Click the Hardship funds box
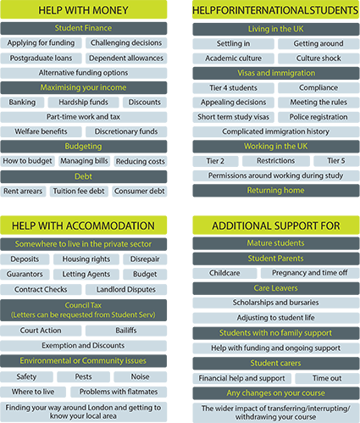(x=83, y=103)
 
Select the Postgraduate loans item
(x=41, y=58)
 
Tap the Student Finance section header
(x=84, y=28)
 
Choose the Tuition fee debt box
(x=79, y=192)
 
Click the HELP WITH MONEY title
(x=84, y=10)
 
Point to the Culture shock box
(x=318, y=58)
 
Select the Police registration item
(x=318, y=117)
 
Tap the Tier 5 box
(x=336, y=161)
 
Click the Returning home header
(x=276, y=191)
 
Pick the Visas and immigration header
(x=276, y=73)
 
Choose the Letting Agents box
(x=86, y=275)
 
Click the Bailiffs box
(x=126, y=331)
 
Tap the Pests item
(x=83, y=377)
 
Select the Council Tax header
(x=84, y=310)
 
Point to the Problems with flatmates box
(x=119, y=392)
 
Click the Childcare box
(x=224, y=273)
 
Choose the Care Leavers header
(x=276, y=288)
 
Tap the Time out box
(x=327, y=378)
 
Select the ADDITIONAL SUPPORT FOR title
(x=276, y=225)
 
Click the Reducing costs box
(x=141, y=161)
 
